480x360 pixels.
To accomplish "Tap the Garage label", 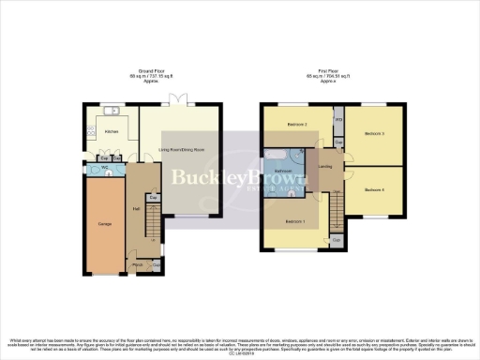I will (105, 223).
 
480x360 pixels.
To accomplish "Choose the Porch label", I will (138, 265).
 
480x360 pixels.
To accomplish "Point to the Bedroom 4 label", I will (375, 189).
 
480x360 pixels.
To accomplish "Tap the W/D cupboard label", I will (337, 121).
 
